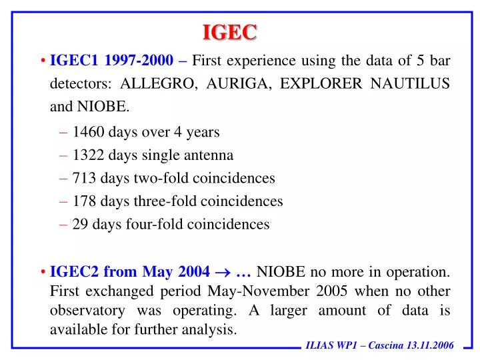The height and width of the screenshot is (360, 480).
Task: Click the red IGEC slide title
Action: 230,31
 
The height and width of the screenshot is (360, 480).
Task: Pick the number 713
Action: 84,178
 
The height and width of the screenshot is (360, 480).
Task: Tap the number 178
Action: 84,201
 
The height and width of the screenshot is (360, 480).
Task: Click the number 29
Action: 80,224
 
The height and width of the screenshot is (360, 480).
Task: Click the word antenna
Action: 211,155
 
